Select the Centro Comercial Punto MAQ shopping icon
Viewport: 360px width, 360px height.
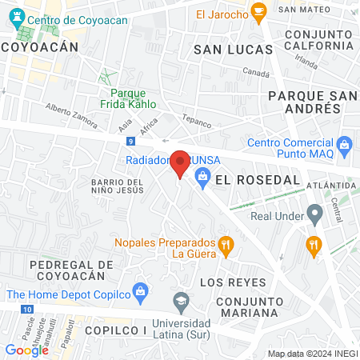pos(345,145)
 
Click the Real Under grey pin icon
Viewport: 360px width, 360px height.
pos(315,214)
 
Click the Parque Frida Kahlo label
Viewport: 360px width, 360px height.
pos(127,98)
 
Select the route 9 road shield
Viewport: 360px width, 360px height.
pos(130,142)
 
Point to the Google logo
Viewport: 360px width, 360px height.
pos(26,350)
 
